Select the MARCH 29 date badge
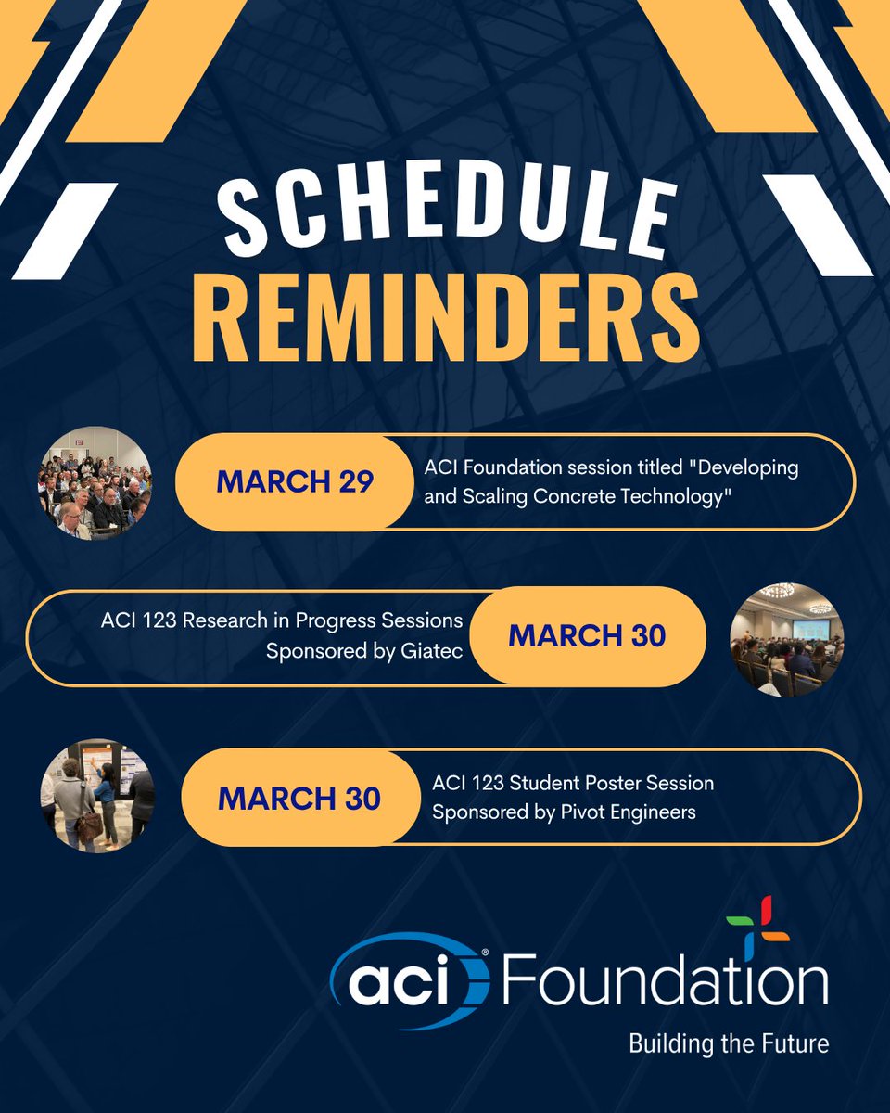294,482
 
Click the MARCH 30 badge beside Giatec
587,636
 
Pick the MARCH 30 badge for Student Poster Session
299,798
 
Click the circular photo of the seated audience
95,482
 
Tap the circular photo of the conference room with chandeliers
787,638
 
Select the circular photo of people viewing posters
97,796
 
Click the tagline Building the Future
729,1043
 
